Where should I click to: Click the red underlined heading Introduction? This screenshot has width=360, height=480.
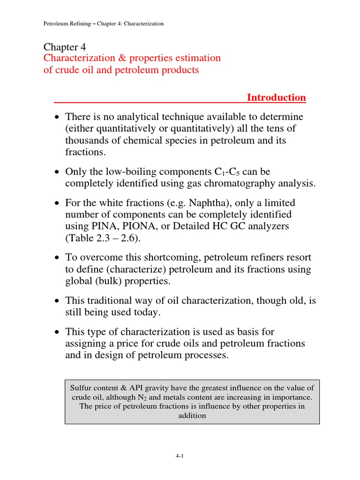pyautogui.click(x=276, y=97)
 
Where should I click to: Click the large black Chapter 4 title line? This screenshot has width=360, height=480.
pyautogui.click(x=65, y=47)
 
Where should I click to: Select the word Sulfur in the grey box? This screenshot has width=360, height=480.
pyautogui.click(x=80, y=388)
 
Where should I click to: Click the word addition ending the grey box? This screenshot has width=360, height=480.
pyautogui.click(x=192, y=416)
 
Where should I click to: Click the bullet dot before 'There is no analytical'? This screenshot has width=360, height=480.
pyautogui.click(x=57, y=117)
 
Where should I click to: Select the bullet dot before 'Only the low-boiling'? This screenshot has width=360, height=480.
pyautogui.click(x=57, y=172)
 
